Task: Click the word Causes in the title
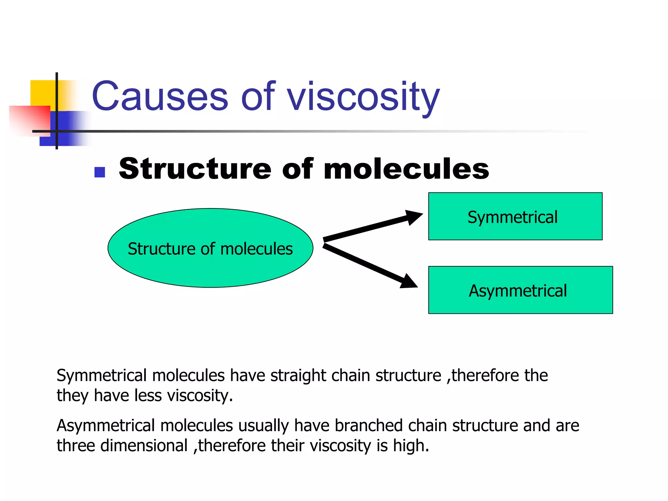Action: click(x=160, y=97)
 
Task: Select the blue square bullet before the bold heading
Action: click(x=99, y=172)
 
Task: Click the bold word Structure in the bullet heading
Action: click(x=195, y=169)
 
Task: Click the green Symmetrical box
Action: click(x=515, y=216)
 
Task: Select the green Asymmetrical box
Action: click(x=520, y=290)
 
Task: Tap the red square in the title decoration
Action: click(x=29, y=119)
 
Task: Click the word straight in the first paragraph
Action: click(x=298, y=375)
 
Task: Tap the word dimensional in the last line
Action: click(x=144, y=446)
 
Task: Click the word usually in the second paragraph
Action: click(x=264, y=426)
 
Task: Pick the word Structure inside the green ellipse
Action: click(x=161, y=249)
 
